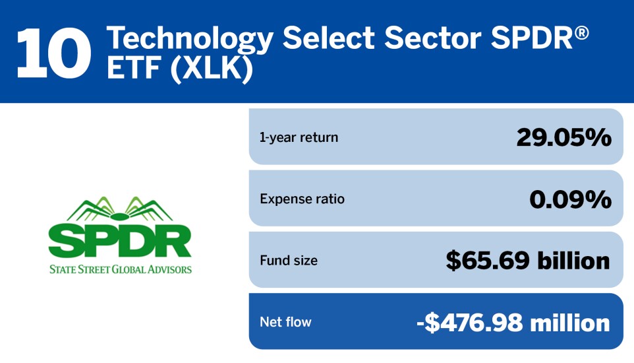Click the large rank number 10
tap(54, 53)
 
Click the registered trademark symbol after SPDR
tap(581, 33)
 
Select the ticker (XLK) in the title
tap(212, 68)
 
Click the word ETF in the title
tap(134, 67)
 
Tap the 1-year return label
tap(299, 137)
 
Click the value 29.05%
tap(563, 137)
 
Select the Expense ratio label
tap(302, 199)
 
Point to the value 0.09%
tap(570, 199)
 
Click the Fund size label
tap(289, 260)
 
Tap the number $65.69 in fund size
tap(488, 260)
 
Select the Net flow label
tap(285, 321)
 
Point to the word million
tap(569, 323)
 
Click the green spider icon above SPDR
tap(120, 209)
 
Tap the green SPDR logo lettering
tap(120, 242)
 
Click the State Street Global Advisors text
tap(121, 269)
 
